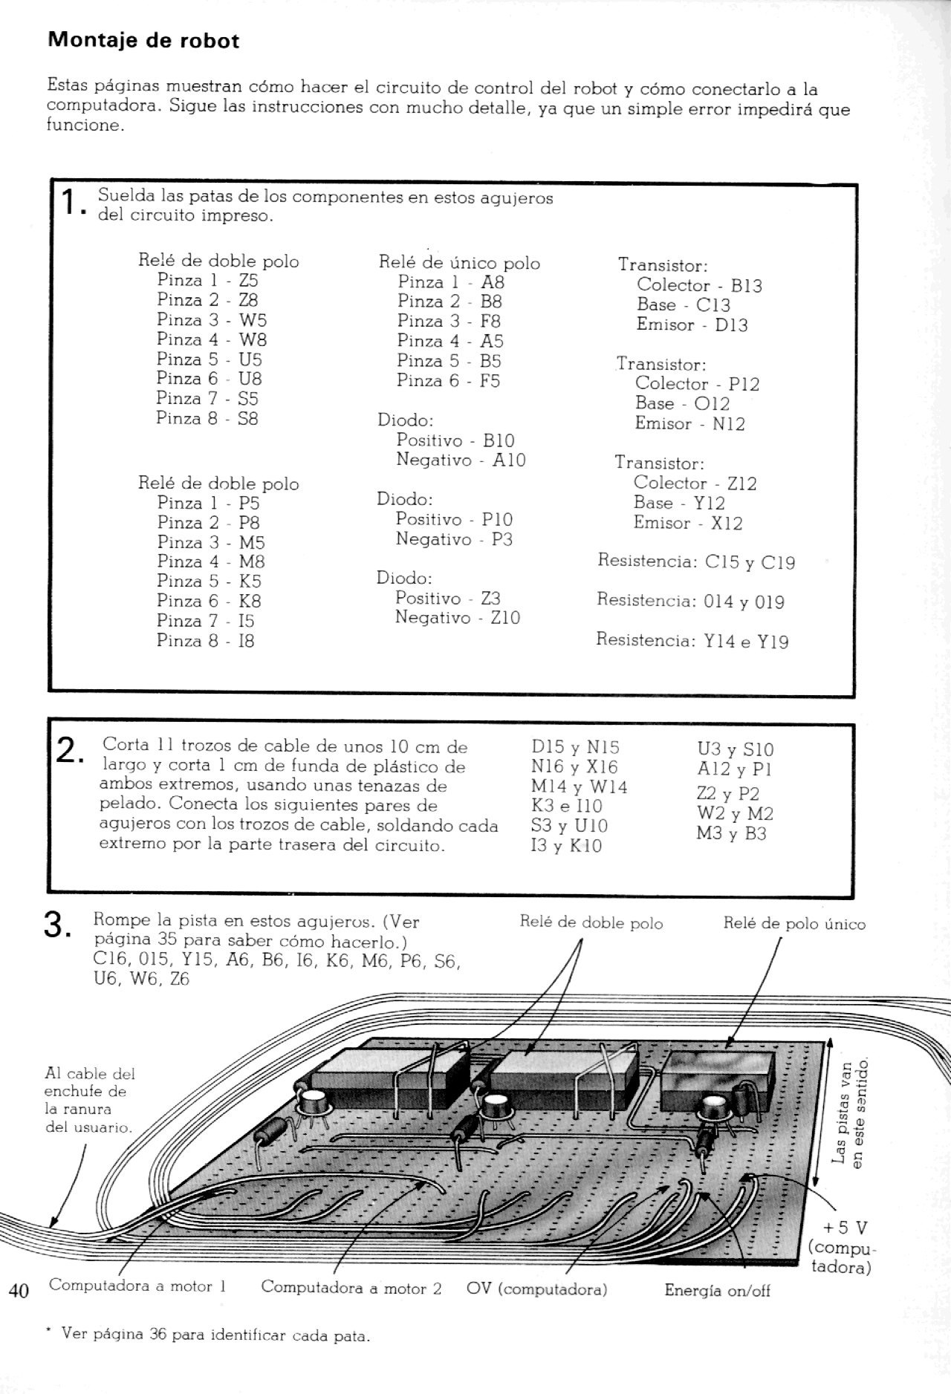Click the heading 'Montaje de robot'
point(143,40)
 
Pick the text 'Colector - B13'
point(698,285)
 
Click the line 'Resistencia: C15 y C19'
point(695,561)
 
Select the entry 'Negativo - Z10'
point(457,617)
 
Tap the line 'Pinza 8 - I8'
point(205,640)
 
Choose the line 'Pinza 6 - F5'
point(448,380)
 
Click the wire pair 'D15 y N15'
point(575,747)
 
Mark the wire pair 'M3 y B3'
point(731,833)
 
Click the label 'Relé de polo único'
point(794,924)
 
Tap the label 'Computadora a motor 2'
point(351,1287)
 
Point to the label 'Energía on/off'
point(717,1290)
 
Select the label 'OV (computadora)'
point(536,1289)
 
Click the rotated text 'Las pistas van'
point(840,1121)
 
